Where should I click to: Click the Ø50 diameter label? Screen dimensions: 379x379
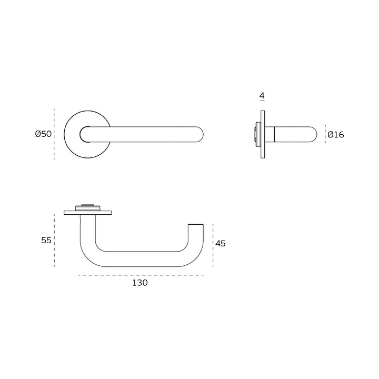(x=43, y=134)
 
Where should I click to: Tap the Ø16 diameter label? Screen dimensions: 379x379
(x=335, y=135)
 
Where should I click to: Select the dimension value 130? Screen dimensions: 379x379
(x=140, y=283)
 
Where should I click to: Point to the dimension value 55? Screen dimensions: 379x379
(x=46, y=240)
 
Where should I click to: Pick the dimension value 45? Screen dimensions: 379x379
(x=221, y=244)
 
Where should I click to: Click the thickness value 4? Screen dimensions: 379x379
(x=262, y=96)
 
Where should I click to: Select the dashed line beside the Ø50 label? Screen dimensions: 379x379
(x=55, y=134)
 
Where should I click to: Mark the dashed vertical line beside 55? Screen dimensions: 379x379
(x=55, y=240)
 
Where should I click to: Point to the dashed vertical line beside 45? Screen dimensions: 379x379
(x=213, y=245)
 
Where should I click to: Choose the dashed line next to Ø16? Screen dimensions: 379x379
(x=325, y=134)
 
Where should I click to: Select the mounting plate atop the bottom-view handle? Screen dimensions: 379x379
(x=88, y=213)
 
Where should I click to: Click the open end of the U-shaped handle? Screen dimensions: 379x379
(x=195, y=226)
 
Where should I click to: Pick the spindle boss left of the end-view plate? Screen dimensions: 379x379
(x=257, y=134)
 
